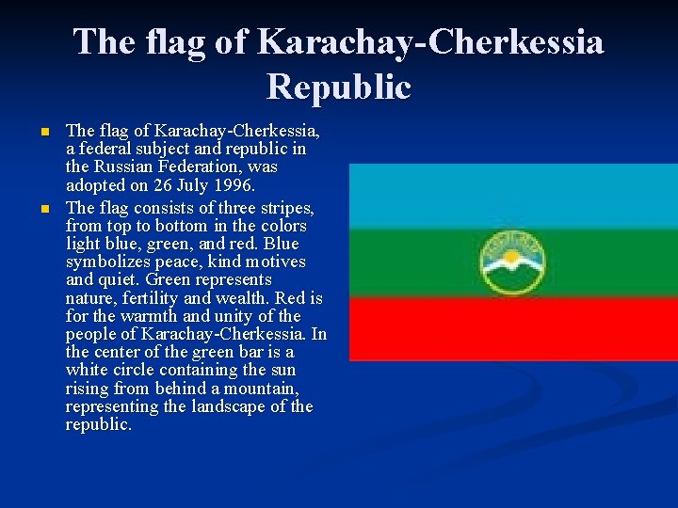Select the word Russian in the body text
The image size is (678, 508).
pos(127,167)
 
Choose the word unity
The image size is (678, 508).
pos(254,316)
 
